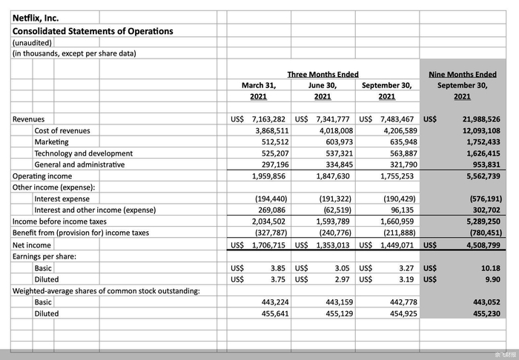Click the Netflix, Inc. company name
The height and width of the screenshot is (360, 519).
click(x=36, y=18)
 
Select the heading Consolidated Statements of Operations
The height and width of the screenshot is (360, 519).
click(x=93, y=31)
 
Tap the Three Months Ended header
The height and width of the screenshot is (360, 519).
click(x=323, y=74)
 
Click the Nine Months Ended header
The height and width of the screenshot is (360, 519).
click(x=463, y=74)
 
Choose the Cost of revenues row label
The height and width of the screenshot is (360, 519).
click(x=62, y=130)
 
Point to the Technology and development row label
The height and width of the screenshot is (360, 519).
click(x=83, y=153)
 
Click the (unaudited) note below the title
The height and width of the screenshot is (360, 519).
click(x=31, y=43)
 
